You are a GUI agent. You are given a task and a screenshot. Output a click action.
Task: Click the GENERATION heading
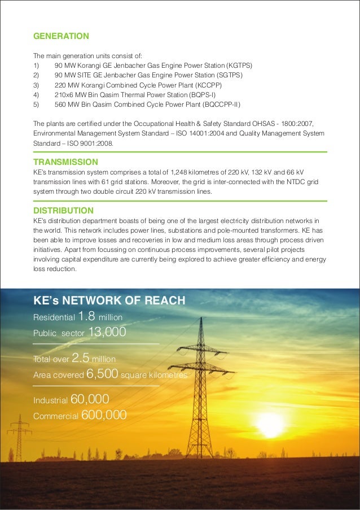(61, 36)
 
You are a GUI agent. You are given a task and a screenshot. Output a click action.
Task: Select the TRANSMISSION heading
(66, 162)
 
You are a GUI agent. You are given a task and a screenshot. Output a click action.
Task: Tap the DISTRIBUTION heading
(64, 211)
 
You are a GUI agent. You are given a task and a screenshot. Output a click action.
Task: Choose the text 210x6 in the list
(65, 94)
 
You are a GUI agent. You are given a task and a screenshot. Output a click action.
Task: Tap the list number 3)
(37, 85)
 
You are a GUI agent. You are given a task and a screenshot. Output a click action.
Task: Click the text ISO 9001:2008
(89, 143)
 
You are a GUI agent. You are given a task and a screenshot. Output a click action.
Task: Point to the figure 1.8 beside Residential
(87, 316)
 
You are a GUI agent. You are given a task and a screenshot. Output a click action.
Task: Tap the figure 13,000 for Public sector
(107, 332)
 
